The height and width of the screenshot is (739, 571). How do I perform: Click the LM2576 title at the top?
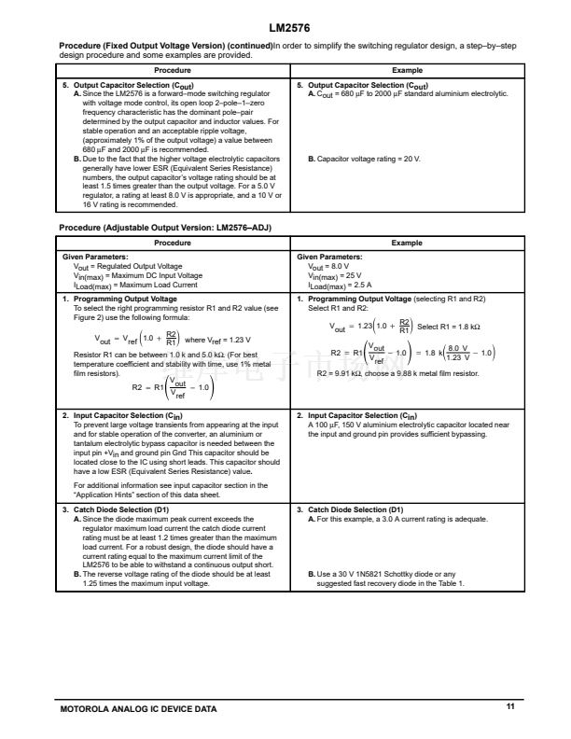[x=285, y=27]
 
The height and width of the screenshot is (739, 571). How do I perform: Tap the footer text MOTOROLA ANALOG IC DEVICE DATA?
[x=137, y=710]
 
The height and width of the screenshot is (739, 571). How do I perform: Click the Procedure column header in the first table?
[x=174, y=70]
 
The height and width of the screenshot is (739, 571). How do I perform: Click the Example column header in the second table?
[x=407, y=243]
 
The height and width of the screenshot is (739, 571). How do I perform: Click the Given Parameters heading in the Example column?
[x=329, y=257]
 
